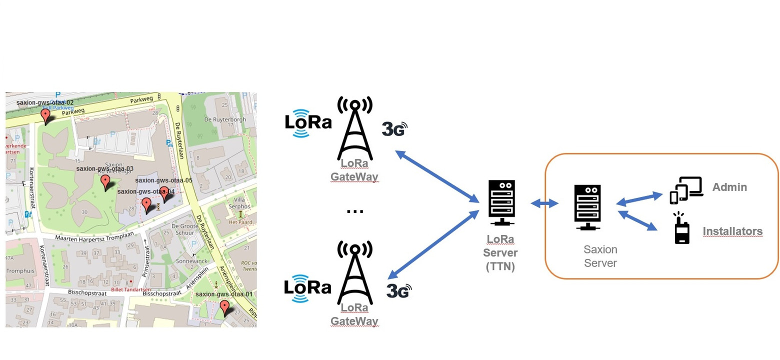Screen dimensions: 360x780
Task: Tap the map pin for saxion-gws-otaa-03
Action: coord(105,182)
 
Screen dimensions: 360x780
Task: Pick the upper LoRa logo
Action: coord(308,122)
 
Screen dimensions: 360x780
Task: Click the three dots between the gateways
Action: coord(354,211)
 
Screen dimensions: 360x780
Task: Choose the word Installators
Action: coord(732,231)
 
